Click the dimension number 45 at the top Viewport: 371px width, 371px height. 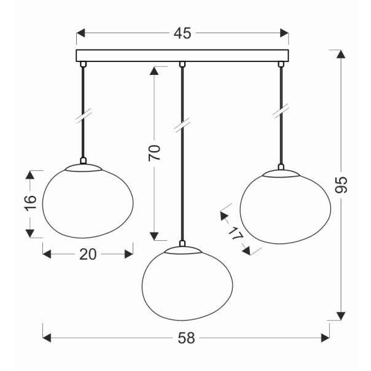point(182,34)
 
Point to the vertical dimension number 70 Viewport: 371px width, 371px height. point(155,152)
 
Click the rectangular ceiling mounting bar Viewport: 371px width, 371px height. point(182,56)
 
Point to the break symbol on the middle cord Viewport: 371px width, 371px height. point(181,126)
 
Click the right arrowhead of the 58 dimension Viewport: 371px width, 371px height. point(326,337)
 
